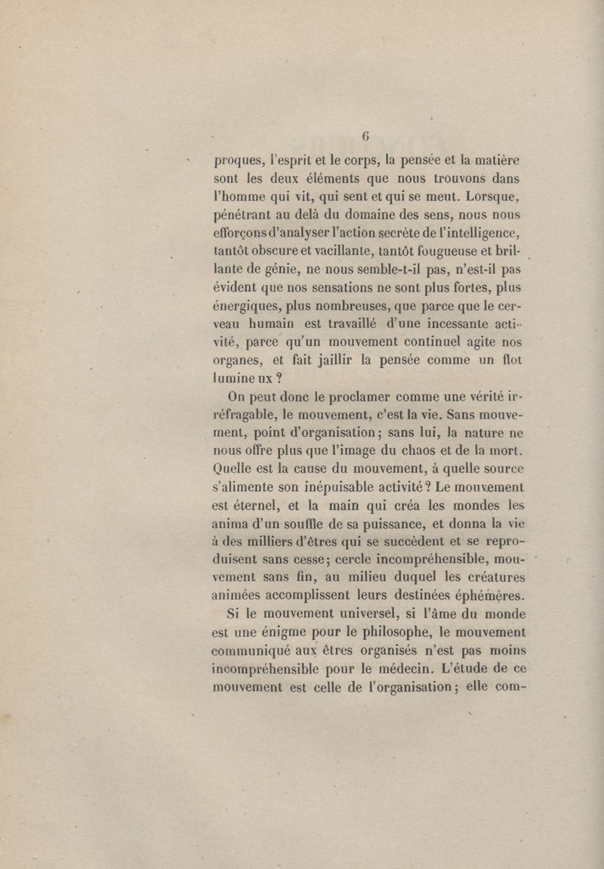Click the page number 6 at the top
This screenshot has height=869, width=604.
coord(365,137)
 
